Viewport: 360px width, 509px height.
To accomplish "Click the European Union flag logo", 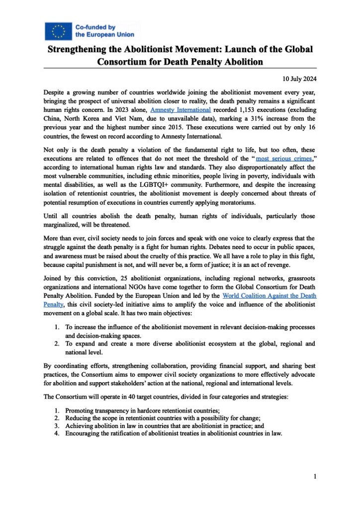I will point(58,31).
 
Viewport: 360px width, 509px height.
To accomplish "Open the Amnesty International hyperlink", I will point(180,109).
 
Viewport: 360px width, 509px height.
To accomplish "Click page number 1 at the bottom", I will point(315,477).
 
